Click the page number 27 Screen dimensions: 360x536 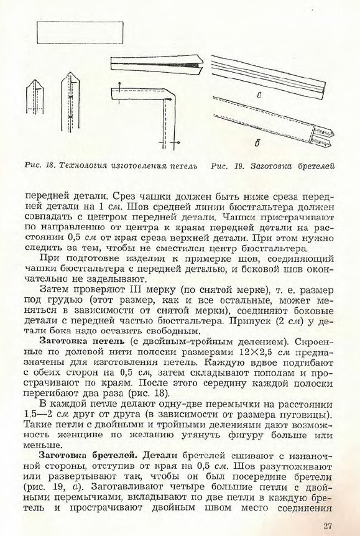[x=328, y=525]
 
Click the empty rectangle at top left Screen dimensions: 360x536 [x=80, y=32]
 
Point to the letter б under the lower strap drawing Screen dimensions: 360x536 [x=257, y=143]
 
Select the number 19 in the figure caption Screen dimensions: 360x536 [x=239, y=166]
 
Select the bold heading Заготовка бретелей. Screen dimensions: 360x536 [x=88, y=456]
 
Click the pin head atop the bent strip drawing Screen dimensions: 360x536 [x=119, y=83]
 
